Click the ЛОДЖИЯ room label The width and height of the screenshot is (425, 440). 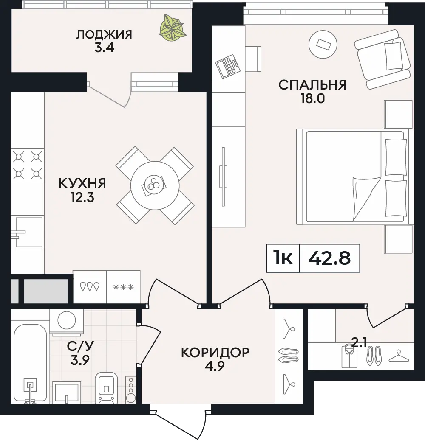pyautogui.click(x=104, y=34)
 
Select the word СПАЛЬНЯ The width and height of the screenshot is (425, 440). pyautogui.click(x=312, y=85)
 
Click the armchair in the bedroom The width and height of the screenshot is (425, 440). pyautogui.click(x=382, y=59)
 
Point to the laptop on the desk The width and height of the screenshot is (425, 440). pyautogui.click(x=227, y=66)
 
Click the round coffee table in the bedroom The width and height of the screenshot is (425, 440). pyautogui.click(x=323, y=44)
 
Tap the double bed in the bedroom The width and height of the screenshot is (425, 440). pyautogui.click(x=355, y=177)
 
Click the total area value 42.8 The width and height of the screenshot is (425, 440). pyautogui.click(x=329, y=258)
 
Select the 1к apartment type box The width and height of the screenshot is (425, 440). pyautogui.click(x=283, y=258)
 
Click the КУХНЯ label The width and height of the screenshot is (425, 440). pyautogui.click(x=82, y=184)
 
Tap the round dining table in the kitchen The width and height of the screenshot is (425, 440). pyautogui.click(x=155, y=185)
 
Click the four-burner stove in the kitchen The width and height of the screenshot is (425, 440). pyautogui.click(x=28, y=165)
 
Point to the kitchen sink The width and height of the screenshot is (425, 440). pyautogui.click(x=28, y=232)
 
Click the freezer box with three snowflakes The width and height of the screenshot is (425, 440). pyautogui.click(x=123, y=287)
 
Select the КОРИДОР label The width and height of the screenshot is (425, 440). pyautogui.click(x=215, y=353)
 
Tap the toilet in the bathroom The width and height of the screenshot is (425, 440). pyautogui.click(x=106, y=388)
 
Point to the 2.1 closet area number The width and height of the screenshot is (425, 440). pyautogui.click(x=359, y=343)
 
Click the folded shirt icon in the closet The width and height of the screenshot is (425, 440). pyautogui.click(x=349, y=357)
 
